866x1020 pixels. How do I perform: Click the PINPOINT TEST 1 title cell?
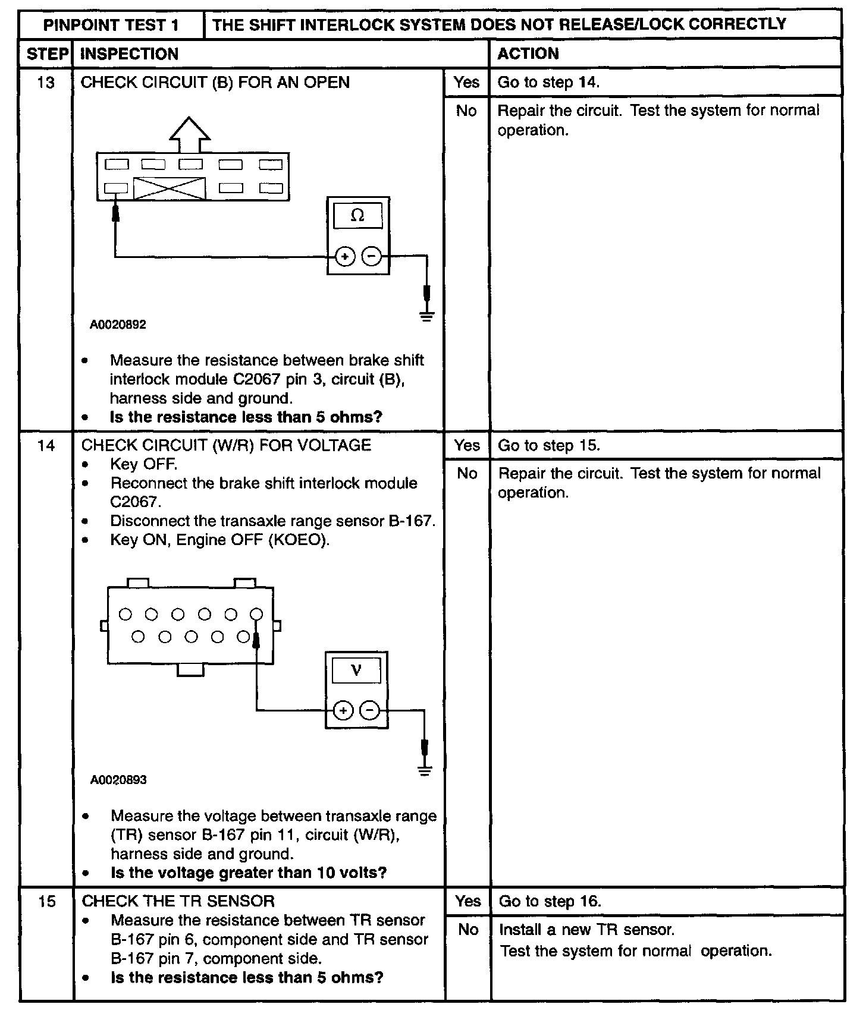click(111, 25)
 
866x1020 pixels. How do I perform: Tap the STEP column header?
click(46, 54)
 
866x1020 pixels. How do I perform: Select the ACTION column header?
click(528, 54)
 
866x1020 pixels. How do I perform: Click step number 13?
click(46, 83)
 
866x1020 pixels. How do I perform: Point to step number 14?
click(46, 446)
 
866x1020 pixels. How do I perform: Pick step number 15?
click(46, 902)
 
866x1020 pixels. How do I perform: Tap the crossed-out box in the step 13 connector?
click(170, 188)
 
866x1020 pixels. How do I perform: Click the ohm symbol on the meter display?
click(357, 216)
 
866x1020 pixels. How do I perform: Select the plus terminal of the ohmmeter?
click(345, 257)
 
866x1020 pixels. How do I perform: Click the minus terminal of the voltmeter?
click(370, 710)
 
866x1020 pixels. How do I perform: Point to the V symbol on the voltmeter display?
click(356, 670)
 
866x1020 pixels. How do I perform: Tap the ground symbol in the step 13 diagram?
click(426, 316)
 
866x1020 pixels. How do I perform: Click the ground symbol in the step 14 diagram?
click(424, 771)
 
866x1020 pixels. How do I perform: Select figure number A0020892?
click(118, 325)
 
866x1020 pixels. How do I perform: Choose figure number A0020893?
click(118, 780)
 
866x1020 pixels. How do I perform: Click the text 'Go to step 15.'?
click(549, 446)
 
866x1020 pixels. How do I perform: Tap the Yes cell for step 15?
click(467, 901)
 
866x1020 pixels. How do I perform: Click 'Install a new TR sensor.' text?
click(586, 930)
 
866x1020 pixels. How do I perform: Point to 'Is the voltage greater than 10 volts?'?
click(249, 873)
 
